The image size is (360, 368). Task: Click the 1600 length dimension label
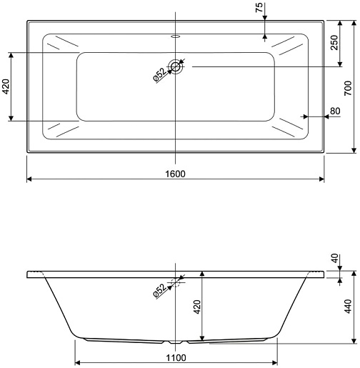pyautogui.click(x=175, y=174)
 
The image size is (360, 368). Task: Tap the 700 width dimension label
pyautogui.click(x=348, y=88)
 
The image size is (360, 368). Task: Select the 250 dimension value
pyautogui.click(x=334, y=42)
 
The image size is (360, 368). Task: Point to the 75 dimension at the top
pyautogui.click(x=259, y=7)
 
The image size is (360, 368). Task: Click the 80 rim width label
pyautogui.click(x=335, y=111)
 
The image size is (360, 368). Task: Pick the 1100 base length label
pyautogui.click(x=176, y=358)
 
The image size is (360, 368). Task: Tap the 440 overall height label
pyautogui.click(x=348, y=307)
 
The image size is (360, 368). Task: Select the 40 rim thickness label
pyautogui.click(x=335, y=258)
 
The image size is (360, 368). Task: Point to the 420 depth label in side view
pyautogui.click(x=197, y=307)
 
